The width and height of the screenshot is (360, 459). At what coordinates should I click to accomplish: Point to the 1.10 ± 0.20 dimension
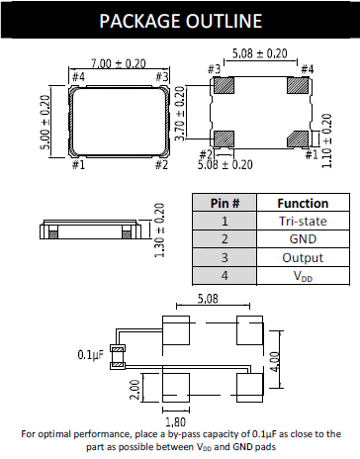[327, 138]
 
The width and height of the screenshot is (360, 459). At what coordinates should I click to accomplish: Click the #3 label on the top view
[163, 76]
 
